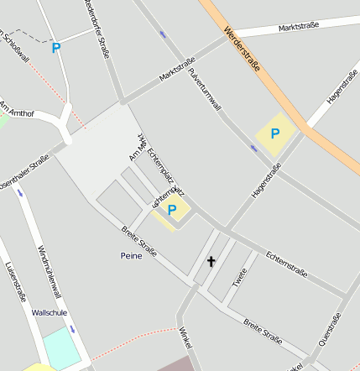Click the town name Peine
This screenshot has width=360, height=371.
pyautogui.click(x=133, y=255)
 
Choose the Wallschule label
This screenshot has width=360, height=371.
pyautogui.click(x=49, y=312)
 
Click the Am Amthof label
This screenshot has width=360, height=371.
pyautogui.click(x=17, y=109)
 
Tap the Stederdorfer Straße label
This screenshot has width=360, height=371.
pyautogui.click(x=98, y=29)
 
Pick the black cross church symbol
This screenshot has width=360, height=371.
pyautogui.click(x=211, y=262)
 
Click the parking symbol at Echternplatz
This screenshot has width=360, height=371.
pyautogui.click(x=172, y=210)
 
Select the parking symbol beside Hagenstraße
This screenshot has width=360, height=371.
pyautogui.click(x=274, y=133)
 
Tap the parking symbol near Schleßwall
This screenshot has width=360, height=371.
pyautogui.click(x=55, y=48)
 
